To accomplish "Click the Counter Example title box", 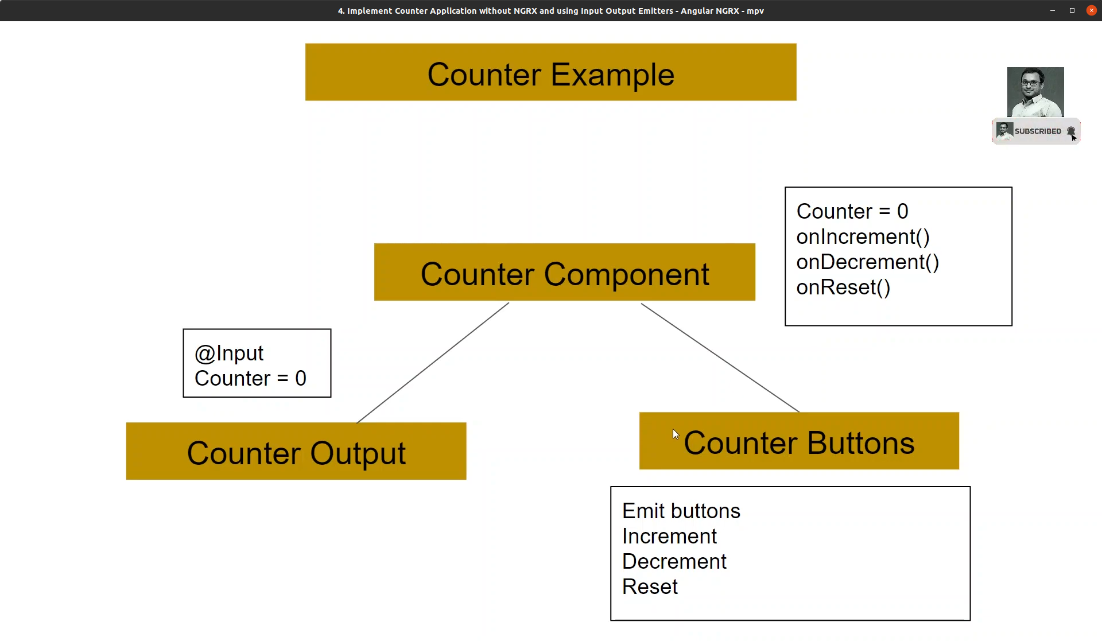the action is pos(550,72).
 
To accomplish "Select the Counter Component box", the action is pos(565,272).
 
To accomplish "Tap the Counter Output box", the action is pos(296,451).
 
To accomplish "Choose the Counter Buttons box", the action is pos(799,441).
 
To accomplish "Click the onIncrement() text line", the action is pos(863,237).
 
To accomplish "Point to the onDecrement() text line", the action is pos(867,262).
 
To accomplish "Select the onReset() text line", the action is pos(843,288).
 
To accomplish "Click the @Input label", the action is pos(229,353).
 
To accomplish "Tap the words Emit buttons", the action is pos(681,511).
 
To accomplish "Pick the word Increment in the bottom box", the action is pos(669,536).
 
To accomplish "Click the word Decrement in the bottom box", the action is pos(674,561).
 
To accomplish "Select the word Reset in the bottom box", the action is pos(650,586).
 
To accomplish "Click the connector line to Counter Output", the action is pos(433,363).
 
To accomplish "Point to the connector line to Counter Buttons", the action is pos(720,358).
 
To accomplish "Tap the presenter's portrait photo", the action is pos(1035,92).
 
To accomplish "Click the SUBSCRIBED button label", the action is pos(1038,131).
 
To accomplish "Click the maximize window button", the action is pos(1072,10).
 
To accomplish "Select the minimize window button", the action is pos(1053,10).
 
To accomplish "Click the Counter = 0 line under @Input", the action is pos(250,379).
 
